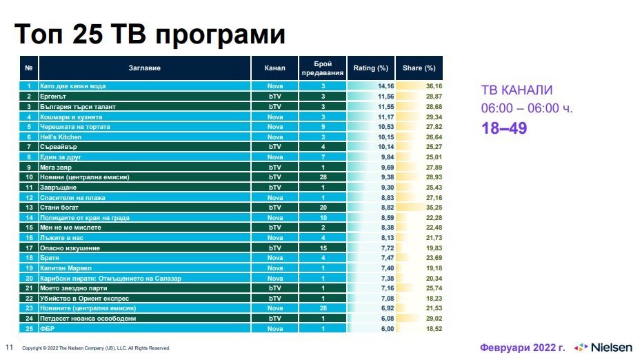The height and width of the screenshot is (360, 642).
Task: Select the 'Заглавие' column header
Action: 144,68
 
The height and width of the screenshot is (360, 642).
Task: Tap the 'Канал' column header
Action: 274,68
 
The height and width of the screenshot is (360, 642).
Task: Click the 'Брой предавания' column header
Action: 323,68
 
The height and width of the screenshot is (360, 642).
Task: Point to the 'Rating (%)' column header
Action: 371,68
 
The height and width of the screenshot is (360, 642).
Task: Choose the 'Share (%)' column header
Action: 419,68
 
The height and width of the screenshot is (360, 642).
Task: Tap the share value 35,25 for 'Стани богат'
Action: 433,208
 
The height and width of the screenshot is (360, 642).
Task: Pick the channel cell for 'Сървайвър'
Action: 274,147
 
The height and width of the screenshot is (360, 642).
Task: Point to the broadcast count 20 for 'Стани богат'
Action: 323,208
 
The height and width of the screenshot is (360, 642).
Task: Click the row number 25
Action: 29,329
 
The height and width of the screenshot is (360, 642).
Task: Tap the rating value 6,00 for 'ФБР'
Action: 385,329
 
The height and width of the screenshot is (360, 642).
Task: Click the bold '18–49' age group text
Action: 504,128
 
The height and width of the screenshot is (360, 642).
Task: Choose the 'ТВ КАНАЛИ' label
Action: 516,90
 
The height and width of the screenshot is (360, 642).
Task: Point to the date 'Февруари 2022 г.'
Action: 523,346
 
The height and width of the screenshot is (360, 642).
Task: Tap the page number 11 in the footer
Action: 9,347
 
